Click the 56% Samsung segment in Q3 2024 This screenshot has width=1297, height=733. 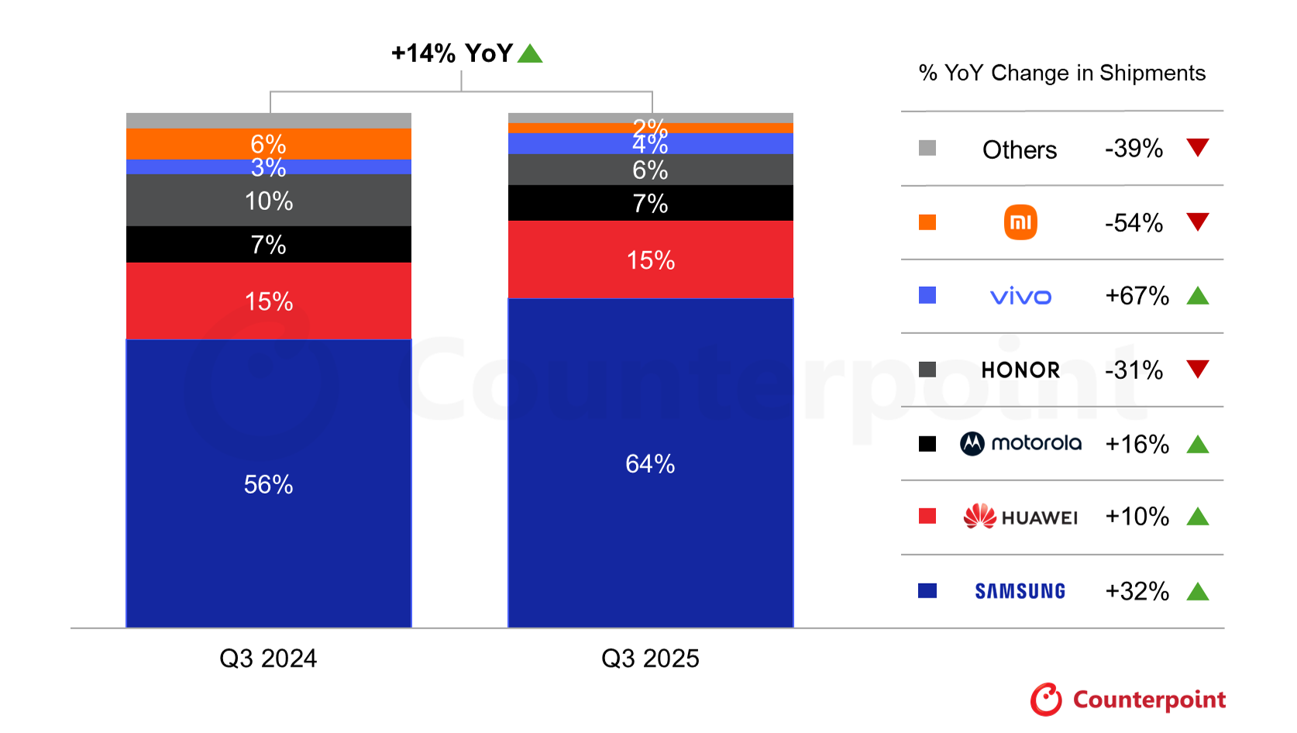[x=268, y=484]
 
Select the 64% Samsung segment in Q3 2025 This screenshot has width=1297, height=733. [x=650, y=463]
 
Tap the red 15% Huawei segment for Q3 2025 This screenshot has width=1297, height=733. [x=650, y=260]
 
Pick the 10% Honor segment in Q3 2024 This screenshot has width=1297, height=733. [x=268, y=201]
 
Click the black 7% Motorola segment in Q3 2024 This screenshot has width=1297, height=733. [x=268, y=245]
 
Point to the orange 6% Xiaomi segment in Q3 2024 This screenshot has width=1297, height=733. [x=268, y=143]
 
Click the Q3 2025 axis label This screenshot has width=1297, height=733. [x=650, y=659]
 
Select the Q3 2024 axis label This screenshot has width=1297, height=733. [x=268, y=659]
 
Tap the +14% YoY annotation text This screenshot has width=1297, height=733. [x=452, y=53]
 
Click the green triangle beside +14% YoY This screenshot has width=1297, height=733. [x=530, y=53]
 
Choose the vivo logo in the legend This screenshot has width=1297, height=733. [x=1020, y=297]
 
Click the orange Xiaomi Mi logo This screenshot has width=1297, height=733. [x=1020, y=222]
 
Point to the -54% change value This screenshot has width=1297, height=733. [x=1134, y=223]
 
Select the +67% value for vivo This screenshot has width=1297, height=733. [x=1137, y=296]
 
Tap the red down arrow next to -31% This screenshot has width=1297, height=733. [x=1198, y=369]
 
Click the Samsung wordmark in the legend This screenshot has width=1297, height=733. [x=1020, y=591]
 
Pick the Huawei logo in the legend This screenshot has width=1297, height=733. [x=1020, y=517]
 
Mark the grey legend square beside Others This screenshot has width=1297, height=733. [x=927, y=148]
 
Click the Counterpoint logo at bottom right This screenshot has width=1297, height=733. [x=1127, y=700]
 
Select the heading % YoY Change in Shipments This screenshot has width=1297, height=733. [x=1061, y=73]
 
